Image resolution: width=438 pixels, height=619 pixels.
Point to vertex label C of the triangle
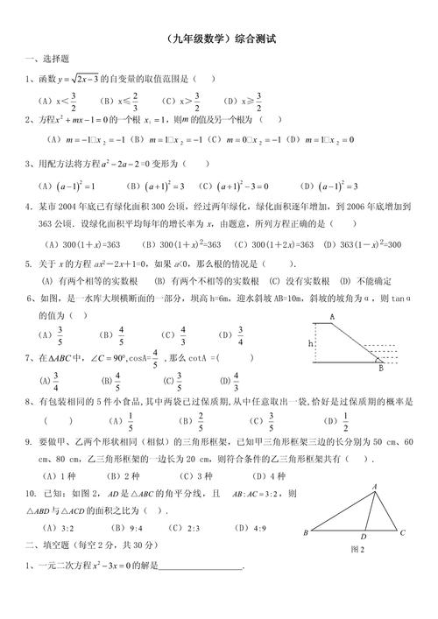point(402,531)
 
